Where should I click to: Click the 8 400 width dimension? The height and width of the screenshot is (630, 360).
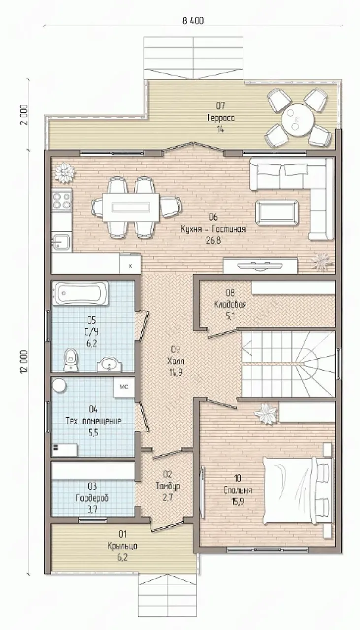click(x=193, y=21)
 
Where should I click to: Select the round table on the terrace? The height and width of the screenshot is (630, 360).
click(x=298, y=119)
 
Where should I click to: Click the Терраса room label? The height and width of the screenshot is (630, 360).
click(x=221, y=118)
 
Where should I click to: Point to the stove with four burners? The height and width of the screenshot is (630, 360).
click(x=62, y=200)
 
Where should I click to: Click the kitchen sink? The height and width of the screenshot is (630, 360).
click(x=61, y=241)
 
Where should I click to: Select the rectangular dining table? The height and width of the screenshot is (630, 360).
click(x=131, y=207)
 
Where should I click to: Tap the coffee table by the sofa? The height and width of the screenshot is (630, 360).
click(x=277, y=213)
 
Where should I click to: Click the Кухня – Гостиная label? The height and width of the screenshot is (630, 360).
click(x=213, y=229)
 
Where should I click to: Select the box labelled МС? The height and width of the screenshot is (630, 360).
click(x=124, y=387)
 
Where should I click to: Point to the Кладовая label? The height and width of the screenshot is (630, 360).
click(x=230, y=305)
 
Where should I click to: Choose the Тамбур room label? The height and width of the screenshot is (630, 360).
click(x=168, y=486)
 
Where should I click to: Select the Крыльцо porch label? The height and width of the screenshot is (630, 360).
click(x=123, y=546)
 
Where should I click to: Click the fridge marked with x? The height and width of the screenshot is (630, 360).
click(x=131, y=265)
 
